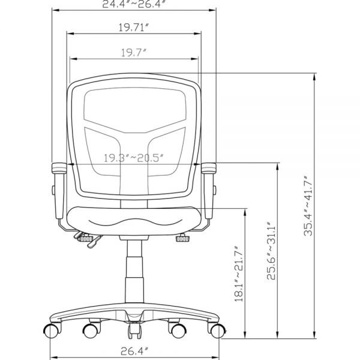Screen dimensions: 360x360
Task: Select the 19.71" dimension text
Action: pyautogui.click(x=134, y=28)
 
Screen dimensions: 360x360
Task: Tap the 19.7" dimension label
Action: pyautogui.click(x=134, y=53)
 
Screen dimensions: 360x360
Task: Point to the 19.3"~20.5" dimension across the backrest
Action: pyautogui.click(x=134, y=158)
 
